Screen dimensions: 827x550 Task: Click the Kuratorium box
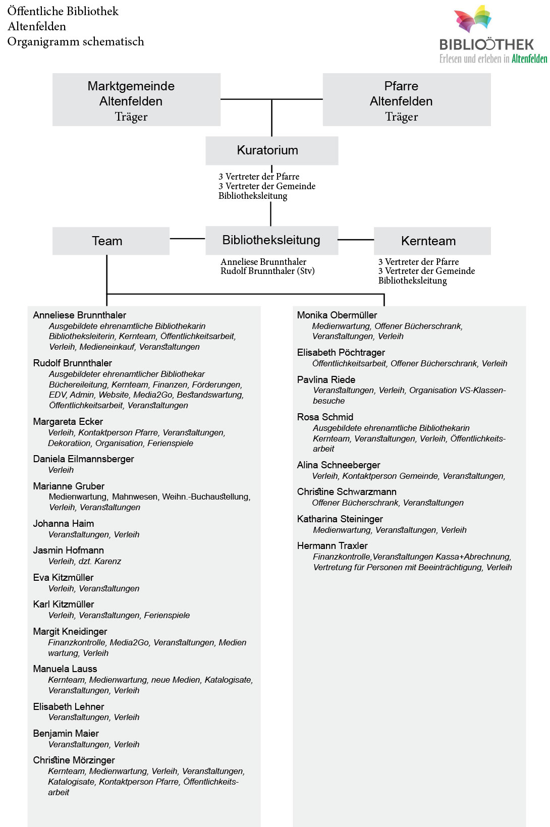coord(271,150)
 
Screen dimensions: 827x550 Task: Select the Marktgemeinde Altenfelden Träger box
coord(136,100)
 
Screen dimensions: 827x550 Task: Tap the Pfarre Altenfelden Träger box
coord(407,100)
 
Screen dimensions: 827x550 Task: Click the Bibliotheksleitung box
coord(271,240)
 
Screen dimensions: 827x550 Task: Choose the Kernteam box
coord(432,241)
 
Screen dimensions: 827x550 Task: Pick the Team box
coord(111,241)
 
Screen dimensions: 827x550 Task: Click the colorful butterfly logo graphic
coord(473,19)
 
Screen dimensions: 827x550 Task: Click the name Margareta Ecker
coord(68,421)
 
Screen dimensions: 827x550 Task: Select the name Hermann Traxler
coord(332,545)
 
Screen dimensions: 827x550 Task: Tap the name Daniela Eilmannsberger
coord(83,459)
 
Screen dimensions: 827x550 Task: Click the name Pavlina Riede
coord(326,379)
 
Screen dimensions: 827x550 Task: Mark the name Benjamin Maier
coord(66,733)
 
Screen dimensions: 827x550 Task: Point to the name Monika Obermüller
coord(337,315)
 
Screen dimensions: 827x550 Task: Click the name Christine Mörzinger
coord(74,760)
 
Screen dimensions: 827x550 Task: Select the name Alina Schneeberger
coord(338,465)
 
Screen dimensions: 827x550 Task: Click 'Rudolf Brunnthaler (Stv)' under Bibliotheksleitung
coord(267,271)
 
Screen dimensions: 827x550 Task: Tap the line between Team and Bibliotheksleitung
coord(187,239)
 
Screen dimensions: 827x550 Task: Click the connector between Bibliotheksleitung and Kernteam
coord(356,240)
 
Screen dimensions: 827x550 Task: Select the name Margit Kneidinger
coord(70,631)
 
